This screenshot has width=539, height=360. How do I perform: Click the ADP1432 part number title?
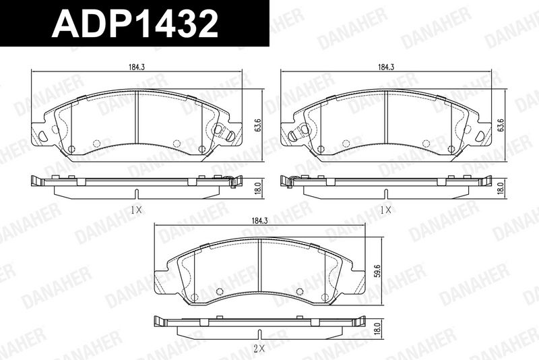tap(135, 23)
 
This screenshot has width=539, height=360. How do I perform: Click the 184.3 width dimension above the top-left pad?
tap(137, 67)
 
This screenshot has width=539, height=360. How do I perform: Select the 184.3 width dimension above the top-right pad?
tap(386, 67)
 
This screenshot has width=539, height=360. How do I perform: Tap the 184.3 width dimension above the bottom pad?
tap(260, 221)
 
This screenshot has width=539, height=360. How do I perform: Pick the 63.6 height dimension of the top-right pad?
tap(502, 125)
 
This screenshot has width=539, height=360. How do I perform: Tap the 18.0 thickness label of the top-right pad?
tap(502, 188)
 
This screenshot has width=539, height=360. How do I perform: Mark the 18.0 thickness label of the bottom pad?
tap(379, 329)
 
